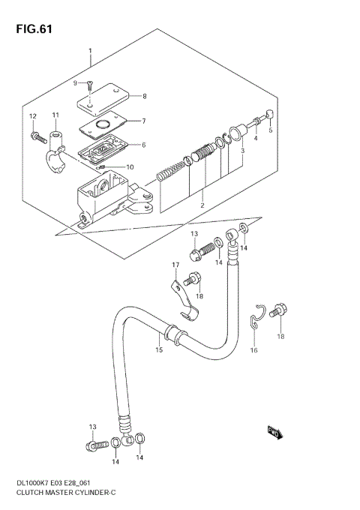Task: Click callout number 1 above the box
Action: [x=90, y=52]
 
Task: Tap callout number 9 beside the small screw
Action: [x=76, y=83]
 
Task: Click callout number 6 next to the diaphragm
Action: [x=143, y=145]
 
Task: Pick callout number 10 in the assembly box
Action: [x=129, y=167]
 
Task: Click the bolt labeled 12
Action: [x=35, y=136]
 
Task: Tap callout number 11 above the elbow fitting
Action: [x=55, y=114]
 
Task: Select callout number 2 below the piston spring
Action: [x=202, y=205]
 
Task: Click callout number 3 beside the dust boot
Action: [x=242, y=151]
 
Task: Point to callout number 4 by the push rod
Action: [x=255, y=138]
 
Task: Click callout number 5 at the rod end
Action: [x=271, y=130]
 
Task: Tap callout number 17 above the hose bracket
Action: [x=175, y=265]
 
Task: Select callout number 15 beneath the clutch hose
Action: [x=159, y=349]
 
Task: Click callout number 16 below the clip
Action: [x=253, y=350]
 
